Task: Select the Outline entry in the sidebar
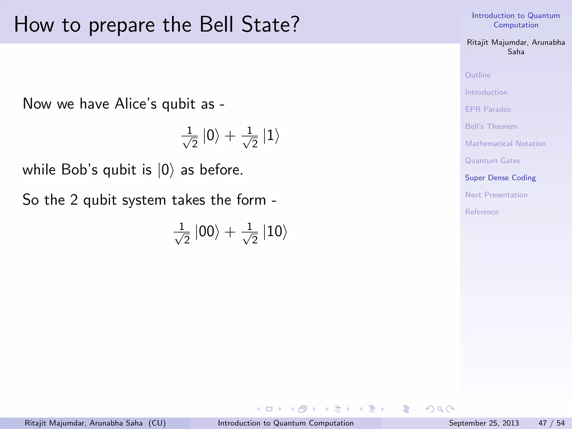tap(478, 75)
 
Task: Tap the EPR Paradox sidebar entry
tap(488, 109)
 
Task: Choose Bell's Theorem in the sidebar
tap(491, 126)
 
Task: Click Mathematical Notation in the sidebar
tap(505, 144)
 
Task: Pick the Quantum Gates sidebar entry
tap(492, 161)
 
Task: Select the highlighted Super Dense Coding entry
tap(500, 178)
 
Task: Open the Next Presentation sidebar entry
tap(496, 195)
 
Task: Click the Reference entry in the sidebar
tap(482, 212)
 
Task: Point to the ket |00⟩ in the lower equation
tap(207, 232)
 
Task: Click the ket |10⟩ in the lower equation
tap(275, 232)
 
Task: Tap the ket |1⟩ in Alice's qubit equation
tap(271, 136)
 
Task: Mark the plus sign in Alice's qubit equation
tap(230, 136)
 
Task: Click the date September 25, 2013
tap(484, 423)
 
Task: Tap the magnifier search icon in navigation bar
tap(440, 409)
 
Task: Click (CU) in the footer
tap(157, 423)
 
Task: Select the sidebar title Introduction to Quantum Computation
tap(516, 20)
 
